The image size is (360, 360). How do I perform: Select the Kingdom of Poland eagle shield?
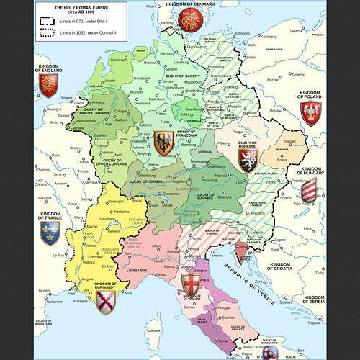click(310, 114)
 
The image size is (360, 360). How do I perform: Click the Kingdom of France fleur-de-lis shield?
click(49, 232)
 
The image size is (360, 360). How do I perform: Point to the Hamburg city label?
click(168, 53)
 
